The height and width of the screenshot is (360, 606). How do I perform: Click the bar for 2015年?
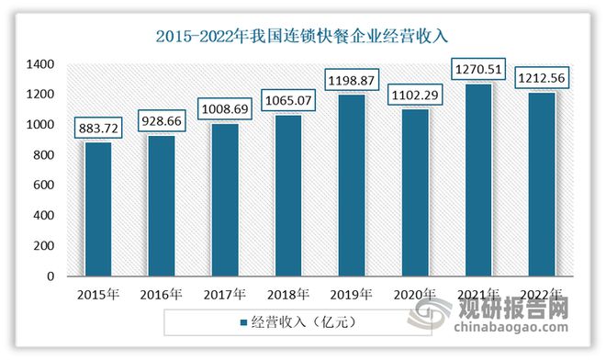coord(98,209)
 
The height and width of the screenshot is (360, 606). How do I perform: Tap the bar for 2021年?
coord(477,180)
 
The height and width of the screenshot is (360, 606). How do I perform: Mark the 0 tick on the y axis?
coord(50,276)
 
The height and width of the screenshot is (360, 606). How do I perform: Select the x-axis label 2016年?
coord(162,294)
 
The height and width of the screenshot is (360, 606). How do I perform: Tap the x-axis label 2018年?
coord(287,294)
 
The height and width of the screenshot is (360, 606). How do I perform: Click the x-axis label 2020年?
coord(413,294)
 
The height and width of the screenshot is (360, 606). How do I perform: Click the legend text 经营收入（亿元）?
coord(303,323)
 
